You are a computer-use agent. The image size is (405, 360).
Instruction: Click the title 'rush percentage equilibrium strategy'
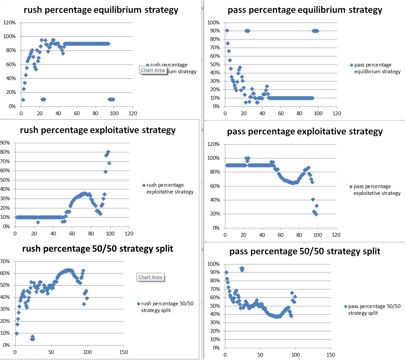(101, 10)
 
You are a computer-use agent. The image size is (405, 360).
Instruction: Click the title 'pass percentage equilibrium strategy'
(305, 10)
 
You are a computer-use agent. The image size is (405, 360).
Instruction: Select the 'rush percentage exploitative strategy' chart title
(98, 130)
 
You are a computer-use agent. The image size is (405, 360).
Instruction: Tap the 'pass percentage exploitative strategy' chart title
(305, 131)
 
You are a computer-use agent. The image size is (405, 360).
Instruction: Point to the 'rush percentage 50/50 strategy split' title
(98, 249)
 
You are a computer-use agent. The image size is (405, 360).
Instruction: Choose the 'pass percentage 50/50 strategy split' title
(305, 251)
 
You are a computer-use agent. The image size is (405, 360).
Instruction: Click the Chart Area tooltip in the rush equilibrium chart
(153, 70)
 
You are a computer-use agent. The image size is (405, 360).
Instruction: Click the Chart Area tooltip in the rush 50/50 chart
(150, 277)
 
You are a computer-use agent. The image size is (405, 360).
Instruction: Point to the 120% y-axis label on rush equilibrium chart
(9, 23)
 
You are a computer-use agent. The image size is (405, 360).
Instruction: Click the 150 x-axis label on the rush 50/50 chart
(124, 352)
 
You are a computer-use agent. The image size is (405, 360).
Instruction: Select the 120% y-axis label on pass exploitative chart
(213, 144)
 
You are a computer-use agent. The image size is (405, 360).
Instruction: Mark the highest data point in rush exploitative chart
(108, 152)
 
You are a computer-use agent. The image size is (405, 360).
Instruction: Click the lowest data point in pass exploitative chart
(316, 214)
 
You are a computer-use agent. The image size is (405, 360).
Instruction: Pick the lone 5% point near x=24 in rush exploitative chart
(38, 222)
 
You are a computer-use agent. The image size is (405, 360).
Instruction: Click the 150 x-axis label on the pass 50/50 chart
(331, 355)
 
